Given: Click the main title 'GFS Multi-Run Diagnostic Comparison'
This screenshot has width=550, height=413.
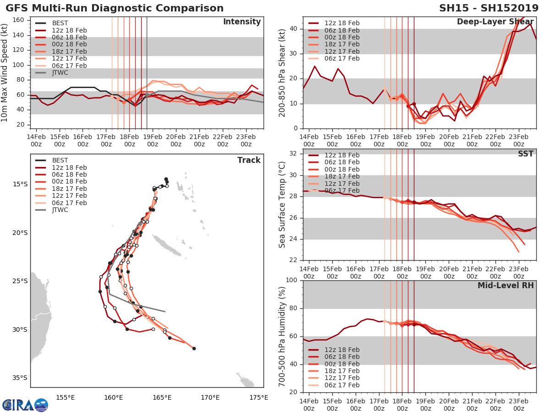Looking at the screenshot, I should (115, 8).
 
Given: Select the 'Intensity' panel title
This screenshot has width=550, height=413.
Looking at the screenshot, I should (242, 22).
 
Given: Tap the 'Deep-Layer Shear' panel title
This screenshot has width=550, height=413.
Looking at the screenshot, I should (495, 22).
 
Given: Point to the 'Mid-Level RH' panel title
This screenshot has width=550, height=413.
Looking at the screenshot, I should (506, 285).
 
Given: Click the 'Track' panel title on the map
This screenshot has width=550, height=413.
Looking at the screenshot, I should (249, 160).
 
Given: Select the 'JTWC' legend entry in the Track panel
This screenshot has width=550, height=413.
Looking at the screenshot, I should (60, 210).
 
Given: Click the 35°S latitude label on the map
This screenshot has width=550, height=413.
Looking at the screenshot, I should (19, 378).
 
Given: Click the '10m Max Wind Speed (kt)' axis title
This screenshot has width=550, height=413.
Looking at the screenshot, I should (5, 73).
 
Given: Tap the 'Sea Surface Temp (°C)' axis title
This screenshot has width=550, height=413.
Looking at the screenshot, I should (282, 205).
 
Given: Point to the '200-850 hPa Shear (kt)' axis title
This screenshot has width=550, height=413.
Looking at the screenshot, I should (282, 73).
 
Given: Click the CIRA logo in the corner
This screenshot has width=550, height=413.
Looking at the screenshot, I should (25, 405).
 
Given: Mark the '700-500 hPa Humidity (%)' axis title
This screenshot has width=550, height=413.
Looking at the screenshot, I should (282, 336).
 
